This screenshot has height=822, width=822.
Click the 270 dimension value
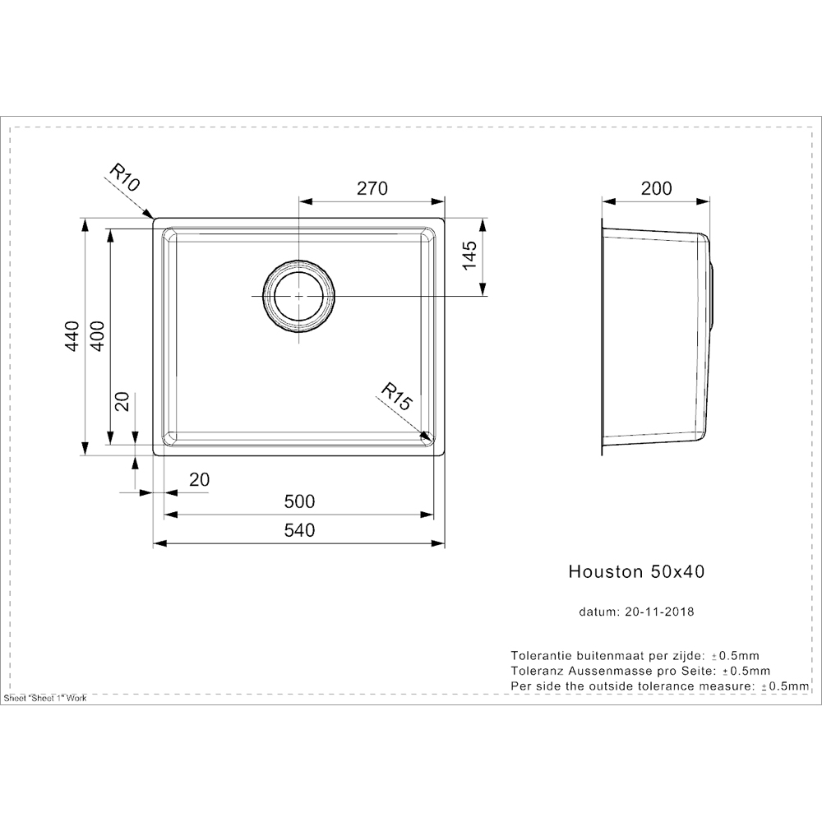point(372,188)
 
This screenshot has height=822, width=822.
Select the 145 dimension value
point(469,256)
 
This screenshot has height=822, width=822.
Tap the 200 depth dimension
point(656,188)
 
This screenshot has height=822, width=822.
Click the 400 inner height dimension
point(98,336)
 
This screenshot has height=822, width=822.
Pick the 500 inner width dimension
point(300,501)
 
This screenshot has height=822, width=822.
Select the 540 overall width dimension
point(300,531)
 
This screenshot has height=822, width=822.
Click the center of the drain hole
point(298,296)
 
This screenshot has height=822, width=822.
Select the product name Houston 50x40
point(636,572)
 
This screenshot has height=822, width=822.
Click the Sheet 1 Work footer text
point(45,698)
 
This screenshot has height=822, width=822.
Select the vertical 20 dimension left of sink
point(122,401)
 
